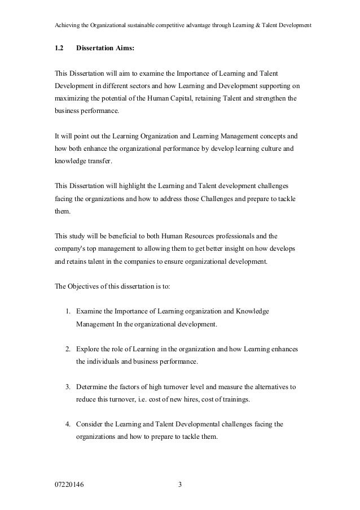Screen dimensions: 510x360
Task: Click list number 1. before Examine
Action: click(67, 311)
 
